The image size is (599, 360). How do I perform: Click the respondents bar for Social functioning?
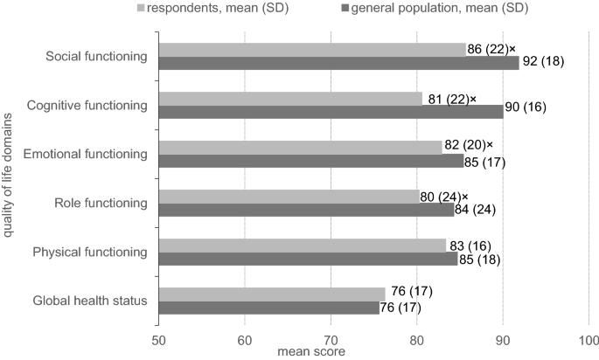[x=312, y=50]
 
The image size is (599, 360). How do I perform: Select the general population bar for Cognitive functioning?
[x=331, y=112]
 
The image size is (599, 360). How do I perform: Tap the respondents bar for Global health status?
[x=272, y=294]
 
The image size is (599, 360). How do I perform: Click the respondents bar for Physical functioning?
[x=303, y=246]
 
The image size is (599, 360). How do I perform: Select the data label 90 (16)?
[x=533, y=112]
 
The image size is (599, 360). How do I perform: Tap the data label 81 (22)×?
[x=453, y=99]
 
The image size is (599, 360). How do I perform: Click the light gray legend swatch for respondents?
[x=188, y=9]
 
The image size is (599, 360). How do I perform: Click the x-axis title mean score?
[x=311, y=351]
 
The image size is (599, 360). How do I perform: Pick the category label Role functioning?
[x=101, y=204]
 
